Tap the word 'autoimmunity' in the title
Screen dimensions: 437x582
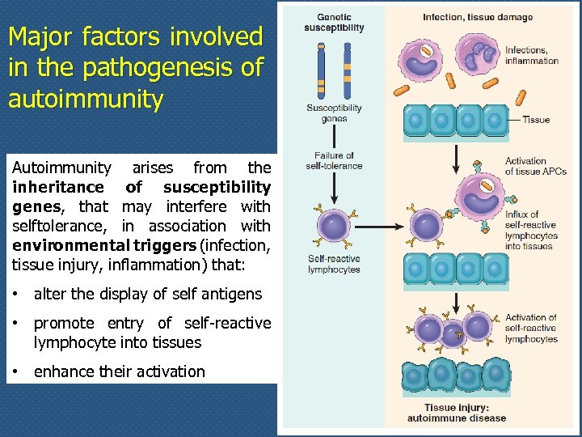[x=86, y=99]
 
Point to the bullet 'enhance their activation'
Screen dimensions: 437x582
[x=119, y=371]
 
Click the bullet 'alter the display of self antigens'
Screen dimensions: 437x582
[x=147, y=294]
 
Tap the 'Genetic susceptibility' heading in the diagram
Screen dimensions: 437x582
[x=334, y=23]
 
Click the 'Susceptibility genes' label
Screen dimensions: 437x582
[x=334, y=113]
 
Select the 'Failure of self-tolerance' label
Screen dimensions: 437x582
[x=334, y=161]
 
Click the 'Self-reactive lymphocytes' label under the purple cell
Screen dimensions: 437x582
[x=334, y=265]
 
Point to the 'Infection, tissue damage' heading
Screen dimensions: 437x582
[x=477, y=17]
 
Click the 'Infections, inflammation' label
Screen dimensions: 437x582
[x=531, y=56]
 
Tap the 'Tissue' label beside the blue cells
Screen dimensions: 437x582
[x=536, y=120]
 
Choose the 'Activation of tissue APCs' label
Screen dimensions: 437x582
[x=535, y=167]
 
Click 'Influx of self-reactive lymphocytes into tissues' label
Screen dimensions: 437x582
[x=530, y=230]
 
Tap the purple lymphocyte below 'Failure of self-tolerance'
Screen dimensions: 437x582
[x=333, y=226]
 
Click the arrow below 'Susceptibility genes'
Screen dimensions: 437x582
[x=334, y=136]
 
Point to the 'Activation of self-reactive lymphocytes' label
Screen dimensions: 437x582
[x=531, y=328]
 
